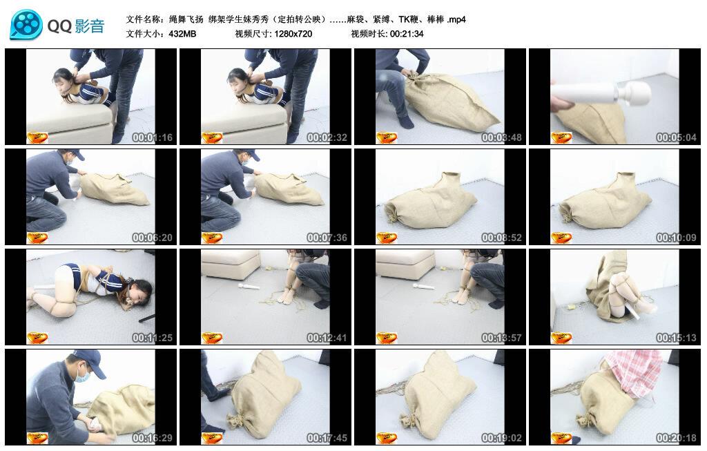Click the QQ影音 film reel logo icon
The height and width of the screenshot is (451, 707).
(x=26, y=25)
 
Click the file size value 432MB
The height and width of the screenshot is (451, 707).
(x=182, y=33)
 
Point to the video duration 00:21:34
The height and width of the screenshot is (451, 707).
(x=407, y=33)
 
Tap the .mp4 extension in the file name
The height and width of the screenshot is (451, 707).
(x=456, y=19)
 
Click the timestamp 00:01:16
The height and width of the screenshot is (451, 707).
(x=152, y=137)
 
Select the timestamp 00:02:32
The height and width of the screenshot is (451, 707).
(x=327, y=137)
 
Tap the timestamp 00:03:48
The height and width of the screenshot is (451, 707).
(x=501, y=137)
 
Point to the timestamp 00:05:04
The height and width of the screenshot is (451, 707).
(x=676, y=137)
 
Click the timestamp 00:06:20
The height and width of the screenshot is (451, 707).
(x=152, y=238)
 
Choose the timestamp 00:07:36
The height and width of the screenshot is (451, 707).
(x=327, y=238)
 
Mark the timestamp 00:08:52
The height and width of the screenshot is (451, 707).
(x=501, y=238)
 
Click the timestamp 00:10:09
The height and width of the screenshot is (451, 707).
(x=676, y=238)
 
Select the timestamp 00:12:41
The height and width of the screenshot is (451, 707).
(x=327, y=338)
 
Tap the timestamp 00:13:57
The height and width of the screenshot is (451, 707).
(x=501, y=338)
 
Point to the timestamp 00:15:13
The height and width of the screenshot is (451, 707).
(x=676, y=338)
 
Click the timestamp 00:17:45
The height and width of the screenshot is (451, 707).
(x=327, y=438)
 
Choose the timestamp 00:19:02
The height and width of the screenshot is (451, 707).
(x=501, y=438)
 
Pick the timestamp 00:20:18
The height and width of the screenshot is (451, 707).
(x=676, y=438)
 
